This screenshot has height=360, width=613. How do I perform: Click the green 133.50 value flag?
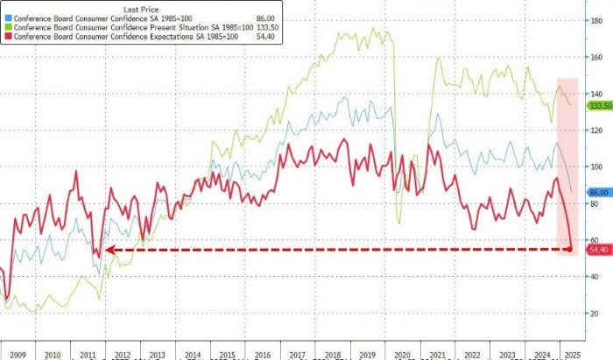(x=599, y=106)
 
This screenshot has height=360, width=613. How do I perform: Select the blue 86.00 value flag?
(x=599, y=192)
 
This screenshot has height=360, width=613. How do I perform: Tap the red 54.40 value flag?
(x=599, y=250)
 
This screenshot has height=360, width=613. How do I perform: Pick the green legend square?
(x=8, y=27)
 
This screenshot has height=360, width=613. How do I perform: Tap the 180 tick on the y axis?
(x=596, y=19)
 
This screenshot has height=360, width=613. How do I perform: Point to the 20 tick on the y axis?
(x=595, y=313)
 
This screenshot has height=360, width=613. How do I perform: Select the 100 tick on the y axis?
(x=596, y=166)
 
